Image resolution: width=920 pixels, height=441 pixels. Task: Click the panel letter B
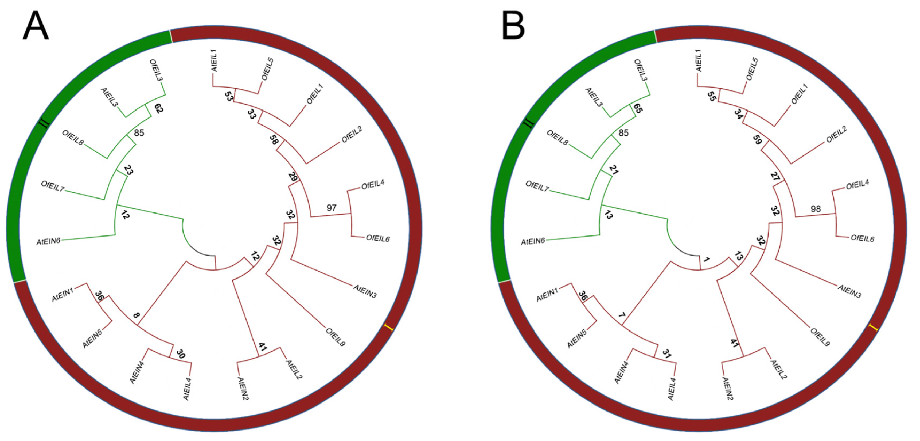coord(513,26)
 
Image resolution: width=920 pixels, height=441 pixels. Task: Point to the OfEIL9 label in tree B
coord(820,337)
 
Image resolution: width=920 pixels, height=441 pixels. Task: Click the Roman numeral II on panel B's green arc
coord(529,123)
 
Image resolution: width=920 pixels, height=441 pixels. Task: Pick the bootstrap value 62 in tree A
coord(158,108)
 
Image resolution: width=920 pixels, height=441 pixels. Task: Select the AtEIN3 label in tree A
coord(365,291)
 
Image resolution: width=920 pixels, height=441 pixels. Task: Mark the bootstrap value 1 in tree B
coord(706,259)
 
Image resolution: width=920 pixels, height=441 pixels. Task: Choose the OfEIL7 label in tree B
coord(537,186)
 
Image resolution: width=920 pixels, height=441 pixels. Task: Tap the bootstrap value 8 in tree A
coord(136,315)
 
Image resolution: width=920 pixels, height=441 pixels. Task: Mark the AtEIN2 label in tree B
coord(727,388)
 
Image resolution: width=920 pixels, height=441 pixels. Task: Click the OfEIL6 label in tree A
coord(377,238)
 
